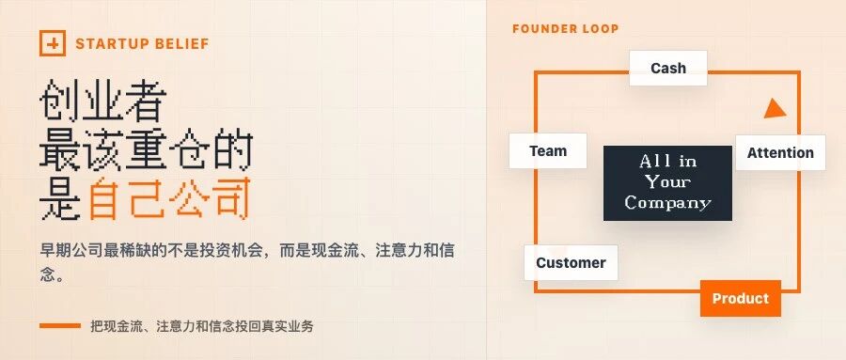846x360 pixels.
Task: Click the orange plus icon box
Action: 53,43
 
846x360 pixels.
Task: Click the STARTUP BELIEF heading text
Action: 143,44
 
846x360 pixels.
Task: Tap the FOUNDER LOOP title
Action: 566,28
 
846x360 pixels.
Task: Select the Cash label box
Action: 668,68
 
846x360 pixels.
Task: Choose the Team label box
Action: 548,150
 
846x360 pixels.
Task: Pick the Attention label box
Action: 780,153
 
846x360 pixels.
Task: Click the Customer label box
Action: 571,263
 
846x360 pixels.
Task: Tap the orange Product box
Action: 741,299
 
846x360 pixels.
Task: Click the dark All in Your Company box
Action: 668,183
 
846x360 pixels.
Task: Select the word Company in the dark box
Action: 668,203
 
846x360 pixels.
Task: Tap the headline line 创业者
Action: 102,101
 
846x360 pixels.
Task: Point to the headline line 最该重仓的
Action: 147,149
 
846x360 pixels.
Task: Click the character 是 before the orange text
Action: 60,198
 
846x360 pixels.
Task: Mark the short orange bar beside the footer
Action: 60,326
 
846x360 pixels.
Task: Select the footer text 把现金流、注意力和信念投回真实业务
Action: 202,326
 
